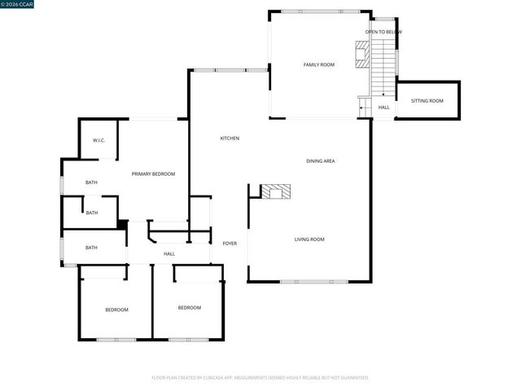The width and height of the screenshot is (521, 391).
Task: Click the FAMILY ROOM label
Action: [319, 64]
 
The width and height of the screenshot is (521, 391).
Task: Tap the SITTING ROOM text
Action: [427, 100]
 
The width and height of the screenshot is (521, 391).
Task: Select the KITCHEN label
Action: [230, 138]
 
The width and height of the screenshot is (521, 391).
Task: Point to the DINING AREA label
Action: [321, 161]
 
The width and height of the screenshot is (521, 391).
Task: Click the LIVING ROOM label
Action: [309, 239]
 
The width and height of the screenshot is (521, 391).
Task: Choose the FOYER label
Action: [230, 244]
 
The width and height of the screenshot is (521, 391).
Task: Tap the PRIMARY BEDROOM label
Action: [154, 174]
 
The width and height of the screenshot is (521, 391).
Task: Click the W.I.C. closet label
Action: [99, 141]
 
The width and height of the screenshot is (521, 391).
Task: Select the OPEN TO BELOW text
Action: [383, 33]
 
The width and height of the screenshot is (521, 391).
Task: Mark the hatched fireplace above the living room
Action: [275, 192]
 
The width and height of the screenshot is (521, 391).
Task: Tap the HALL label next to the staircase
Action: [383, 108]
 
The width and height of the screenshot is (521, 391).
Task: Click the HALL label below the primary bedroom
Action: [169, 254]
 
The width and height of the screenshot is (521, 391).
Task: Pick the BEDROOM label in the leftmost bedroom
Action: [116, 310]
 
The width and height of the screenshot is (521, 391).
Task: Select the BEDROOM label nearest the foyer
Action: [190, 307]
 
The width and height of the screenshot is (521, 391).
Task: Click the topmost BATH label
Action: [92, 182]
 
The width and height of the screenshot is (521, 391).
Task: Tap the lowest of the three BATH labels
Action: [92, 248]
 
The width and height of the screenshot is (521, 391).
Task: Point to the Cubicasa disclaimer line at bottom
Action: [260, 378]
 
